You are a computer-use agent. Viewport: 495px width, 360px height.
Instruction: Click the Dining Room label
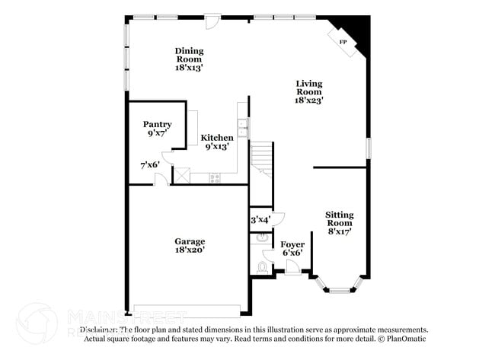pos(189,59)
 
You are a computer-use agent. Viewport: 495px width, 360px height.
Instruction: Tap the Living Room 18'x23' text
pos(309,91)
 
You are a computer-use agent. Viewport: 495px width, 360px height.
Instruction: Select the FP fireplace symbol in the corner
pos(343,41)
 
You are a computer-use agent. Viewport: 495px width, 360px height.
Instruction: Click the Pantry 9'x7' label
pos(157,129)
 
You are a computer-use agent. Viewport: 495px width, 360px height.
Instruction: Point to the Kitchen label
pos(217,138)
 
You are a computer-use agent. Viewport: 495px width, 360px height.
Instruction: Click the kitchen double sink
pos(243,129)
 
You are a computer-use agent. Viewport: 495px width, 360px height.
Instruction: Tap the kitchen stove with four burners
pos(215,178)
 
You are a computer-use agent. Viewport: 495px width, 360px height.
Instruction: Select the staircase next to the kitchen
pos(261,158)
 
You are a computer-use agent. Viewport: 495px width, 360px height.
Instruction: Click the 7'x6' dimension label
pos(150,164)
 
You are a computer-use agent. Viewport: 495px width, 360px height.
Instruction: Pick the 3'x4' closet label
pos(260,220)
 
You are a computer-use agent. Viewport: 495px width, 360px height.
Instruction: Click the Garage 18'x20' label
pos(189,245)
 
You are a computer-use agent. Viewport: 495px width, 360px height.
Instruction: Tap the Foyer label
pos(292,248)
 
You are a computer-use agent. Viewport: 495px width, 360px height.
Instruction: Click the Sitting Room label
pos(339,224)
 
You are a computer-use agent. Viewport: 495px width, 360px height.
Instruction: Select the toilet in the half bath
pos(263,267)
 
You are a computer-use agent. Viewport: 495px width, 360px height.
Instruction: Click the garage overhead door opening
pos(187,311)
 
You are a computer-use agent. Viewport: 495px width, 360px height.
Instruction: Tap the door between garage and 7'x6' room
pos(161,180)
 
